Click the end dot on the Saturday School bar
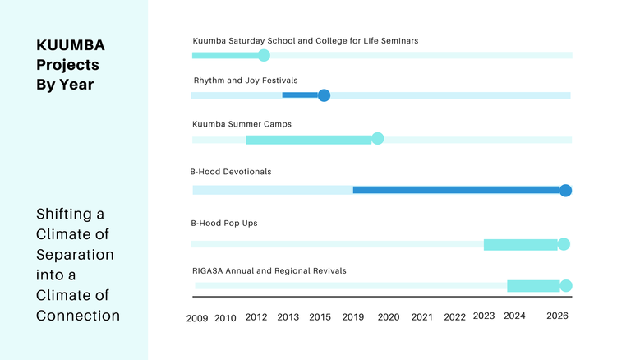pos(264,56)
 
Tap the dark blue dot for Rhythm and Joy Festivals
pos(324,95)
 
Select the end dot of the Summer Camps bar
pos(378,138)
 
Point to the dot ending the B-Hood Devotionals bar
pos(565,191)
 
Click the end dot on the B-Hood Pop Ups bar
pos(564,244)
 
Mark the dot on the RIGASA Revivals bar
pos(565,286)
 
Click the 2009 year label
pos(197,317)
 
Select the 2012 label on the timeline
pos(256,317)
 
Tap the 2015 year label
pos(320,317)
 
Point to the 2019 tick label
pos(353,317)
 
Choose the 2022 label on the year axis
pos(454,317)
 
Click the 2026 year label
pos(557,316)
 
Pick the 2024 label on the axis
pos(514,316)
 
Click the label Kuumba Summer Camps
pos(242,124)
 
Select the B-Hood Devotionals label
pos(231,172)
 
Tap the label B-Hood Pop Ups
pos(224,223)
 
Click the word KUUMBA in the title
pos(71,45)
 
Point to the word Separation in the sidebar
pos(75,254)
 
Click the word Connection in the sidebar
pos(78,315)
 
